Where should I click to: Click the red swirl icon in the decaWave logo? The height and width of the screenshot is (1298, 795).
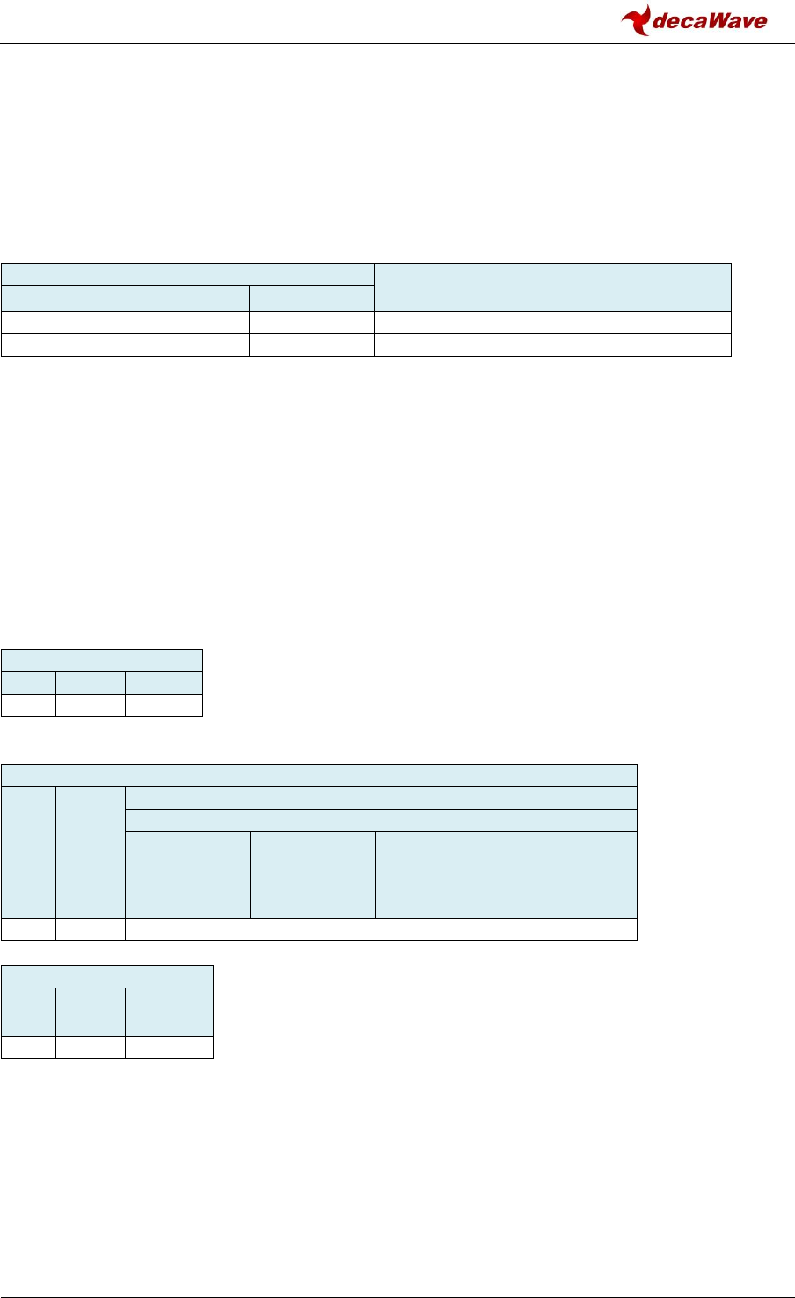pyautogui.click(x=636, y=19)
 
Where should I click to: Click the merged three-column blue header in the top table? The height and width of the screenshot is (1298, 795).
pyautogui.click(x=187, y=273)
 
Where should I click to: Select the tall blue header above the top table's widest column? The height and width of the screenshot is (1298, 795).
pyautogui.click(x=552, y=286)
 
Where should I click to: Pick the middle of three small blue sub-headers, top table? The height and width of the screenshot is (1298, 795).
pyautogui.click(x=173, y=298)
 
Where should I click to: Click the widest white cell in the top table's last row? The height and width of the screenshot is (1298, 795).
pyautogui.click(x=552, y=345)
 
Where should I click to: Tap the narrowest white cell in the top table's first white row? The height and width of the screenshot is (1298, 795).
pyautogui.click(x=49, y=322)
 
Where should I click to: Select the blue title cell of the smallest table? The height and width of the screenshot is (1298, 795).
pyautogui.click(x=102, y=660)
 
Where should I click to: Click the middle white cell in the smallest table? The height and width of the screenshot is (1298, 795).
pyautogui.click(x=90, y=704)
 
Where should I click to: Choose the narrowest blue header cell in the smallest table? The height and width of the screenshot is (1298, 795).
pyautogui.click(x=28, y=683)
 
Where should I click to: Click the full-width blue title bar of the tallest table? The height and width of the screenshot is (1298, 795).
pyautogui.click(x=318, y=776)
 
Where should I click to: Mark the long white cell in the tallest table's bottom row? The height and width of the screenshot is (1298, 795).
pyautogui.click(x=381, y=930)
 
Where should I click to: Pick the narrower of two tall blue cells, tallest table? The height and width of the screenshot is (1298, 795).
pyautogui.click(x=28, y=852)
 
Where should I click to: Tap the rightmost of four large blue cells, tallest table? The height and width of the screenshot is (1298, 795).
pyautogui.click(x=568, y=874)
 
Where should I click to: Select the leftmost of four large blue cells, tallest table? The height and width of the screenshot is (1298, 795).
pyautogui.click(x=187, y=874)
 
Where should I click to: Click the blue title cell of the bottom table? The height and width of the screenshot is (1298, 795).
pyautogui.click(x=107, y=976)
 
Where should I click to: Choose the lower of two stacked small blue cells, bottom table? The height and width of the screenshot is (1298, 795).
pyautogui.click(x=169, y=1024)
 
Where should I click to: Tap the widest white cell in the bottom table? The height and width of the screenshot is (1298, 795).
pyautogui.click(x=169, y=1046)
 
